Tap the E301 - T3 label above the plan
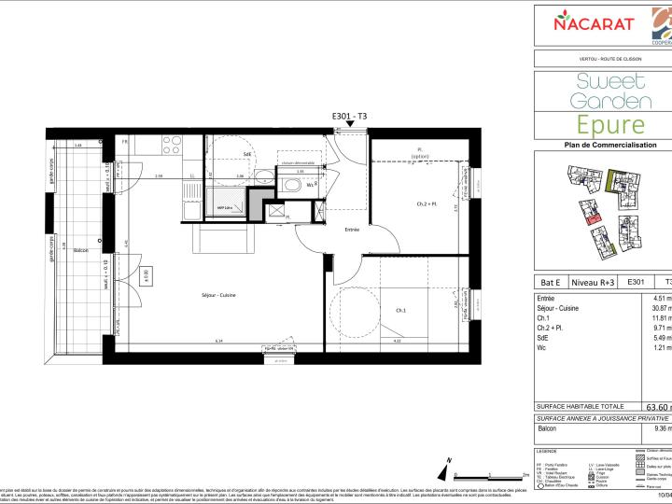[350, 116]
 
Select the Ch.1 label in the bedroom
[400, 310]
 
